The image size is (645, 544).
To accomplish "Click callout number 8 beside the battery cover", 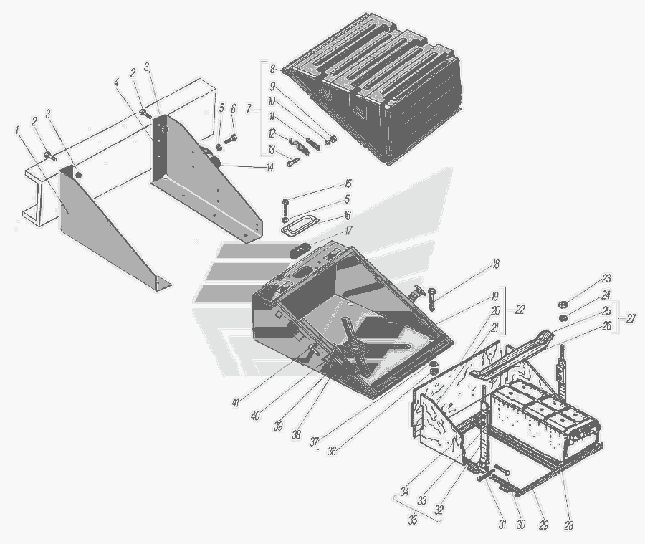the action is pyautogui.click(x=272, y=69).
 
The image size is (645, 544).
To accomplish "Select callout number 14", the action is pyautogui.click(x=269, y=168).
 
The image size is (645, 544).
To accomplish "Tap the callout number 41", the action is pyautogui.click(x=235, y=402).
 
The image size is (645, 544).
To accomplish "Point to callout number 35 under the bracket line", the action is pyautogui.click(x=413, y=520).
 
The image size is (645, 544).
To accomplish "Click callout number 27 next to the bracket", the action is pyautogui.click(x=631, y=318).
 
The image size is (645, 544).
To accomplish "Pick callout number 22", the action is pyautogui.click(x=520, y=310).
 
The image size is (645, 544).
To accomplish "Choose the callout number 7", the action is pyautogui.click(x=249, y=109).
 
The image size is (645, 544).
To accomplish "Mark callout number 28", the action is pyautogui.click(x=568, y=525).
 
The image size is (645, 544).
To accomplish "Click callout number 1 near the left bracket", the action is pyautogui.click(x=17, y=130).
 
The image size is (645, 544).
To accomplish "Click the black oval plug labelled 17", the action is pyautogui.click(x=300, y=250).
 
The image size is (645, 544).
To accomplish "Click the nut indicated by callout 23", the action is pyautogui.click(x=561, y=305).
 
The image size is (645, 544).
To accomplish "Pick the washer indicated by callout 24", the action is pyautogui.click(x=562, y=318).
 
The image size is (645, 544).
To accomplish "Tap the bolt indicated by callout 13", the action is pyautogui.click(x=293, y=162).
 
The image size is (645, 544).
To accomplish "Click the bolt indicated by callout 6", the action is pyautogui.click(x=230, y=139).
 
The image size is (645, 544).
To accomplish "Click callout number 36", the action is pyautogui.click(x=332, y=451).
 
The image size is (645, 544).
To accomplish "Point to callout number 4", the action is pyautogui.click(x=117, y=82).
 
